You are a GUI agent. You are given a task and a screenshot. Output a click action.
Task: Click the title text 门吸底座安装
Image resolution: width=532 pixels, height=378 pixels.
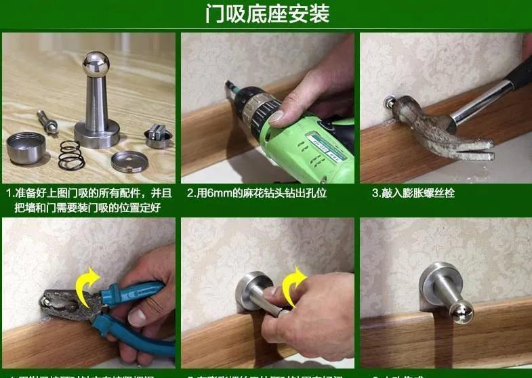(267, 14)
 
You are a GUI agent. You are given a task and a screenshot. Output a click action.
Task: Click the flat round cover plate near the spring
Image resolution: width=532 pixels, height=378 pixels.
(130, 161)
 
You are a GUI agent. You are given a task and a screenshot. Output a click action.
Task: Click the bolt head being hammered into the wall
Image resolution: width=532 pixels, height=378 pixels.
(389, 104)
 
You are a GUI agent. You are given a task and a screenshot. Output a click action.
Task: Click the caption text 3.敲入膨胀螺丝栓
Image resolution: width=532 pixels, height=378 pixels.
(413, 193)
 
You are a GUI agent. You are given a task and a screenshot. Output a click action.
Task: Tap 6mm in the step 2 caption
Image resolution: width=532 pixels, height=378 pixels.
(223, 193)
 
